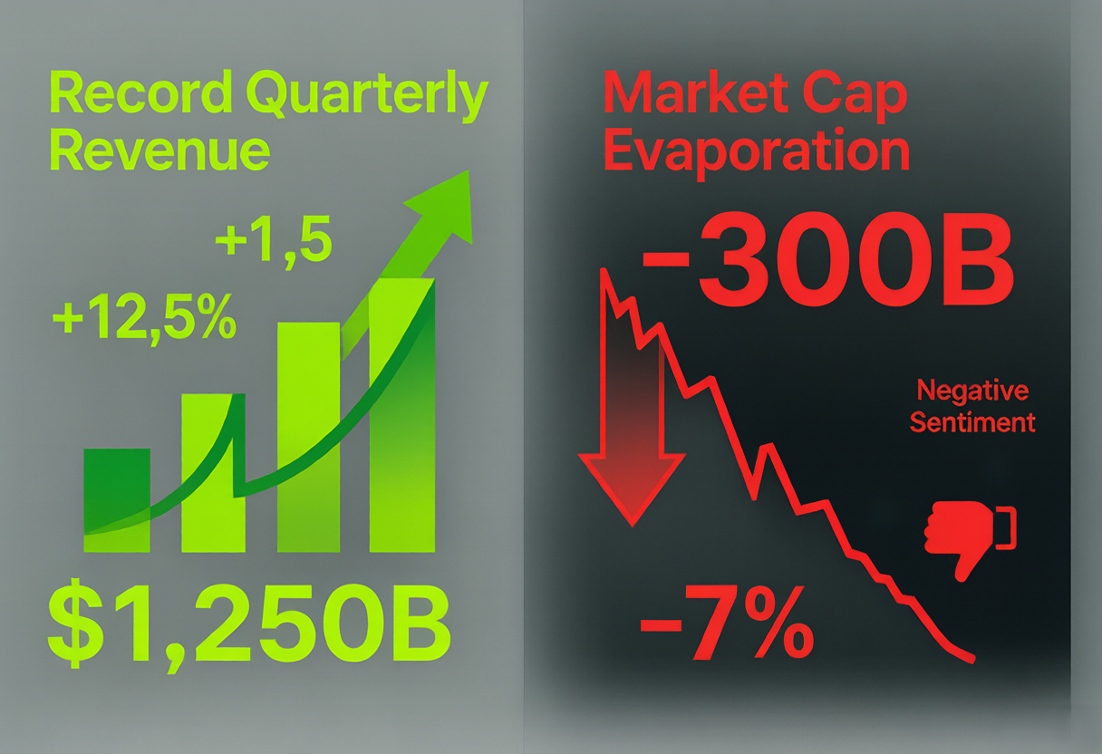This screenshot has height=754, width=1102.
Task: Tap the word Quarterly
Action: tap(367, 95)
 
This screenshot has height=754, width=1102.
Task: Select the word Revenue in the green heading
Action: tap(159, 150)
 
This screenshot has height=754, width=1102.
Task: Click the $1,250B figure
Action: tap(249, 626)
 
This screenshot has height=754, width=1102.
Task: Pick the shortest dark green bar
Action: tap(117, 500)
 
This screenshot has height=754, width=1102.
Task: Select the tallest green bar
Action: tap(402, 415)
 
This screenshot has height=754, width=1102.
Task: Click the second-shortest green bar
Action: tap(214, 473)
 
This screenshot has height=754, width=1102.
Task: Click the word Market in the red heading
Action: tap(696, 93)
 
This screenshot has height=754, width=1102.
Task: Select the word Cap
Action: tap(856, 97)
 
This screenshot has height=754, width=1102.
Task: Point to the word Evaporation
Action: tap(757, 153)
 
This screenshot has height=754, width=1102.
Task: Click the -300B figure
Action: tap(827, 258)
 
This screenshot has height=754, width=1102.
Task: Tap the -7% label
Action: tap(727, 623)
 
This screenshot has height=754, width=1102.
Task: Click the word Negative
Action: tap(972, 391)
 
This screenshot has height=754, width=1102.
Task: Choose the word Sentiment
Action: tap(972, 422)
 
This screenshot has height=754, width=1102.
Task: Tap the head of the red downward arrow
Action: tap(632, 489)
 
